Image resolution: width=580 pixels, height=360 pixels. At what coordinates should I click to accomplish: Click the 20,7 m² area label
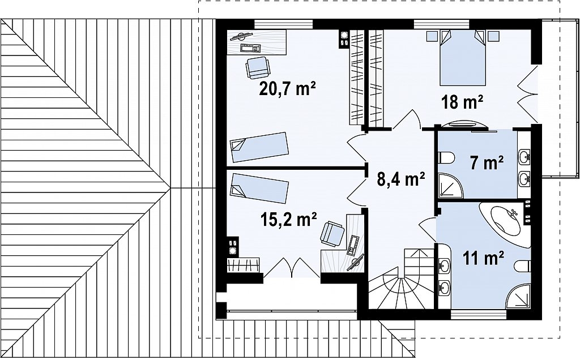[287, 89]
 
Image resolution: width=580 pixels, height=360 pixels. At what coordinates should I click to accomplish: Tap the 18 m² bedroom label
[462, 102]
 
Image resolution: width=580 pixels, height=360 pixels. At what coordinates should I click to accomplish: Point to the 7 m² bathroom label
[487, 162]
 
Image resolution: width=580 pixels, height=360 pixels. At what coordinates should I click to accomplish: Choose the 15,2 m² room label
[288, 219]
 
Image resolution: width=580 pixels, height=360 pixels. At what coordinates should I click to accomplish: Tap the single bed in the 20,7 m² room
[259, 147]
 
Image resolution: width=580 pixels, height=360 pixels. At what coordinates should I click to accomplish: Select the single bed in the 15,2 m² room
[259, 188]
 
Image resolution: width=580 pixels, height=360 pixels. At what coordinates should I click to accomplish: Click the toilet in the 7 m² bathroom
[446, 157]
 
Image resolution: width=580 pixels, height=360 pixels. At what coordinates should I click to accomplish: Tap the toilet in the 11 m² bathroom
[522, 266]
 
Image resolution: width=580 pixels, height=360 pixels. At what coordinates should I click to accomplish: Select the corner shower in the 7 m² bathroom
[450, 186]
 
